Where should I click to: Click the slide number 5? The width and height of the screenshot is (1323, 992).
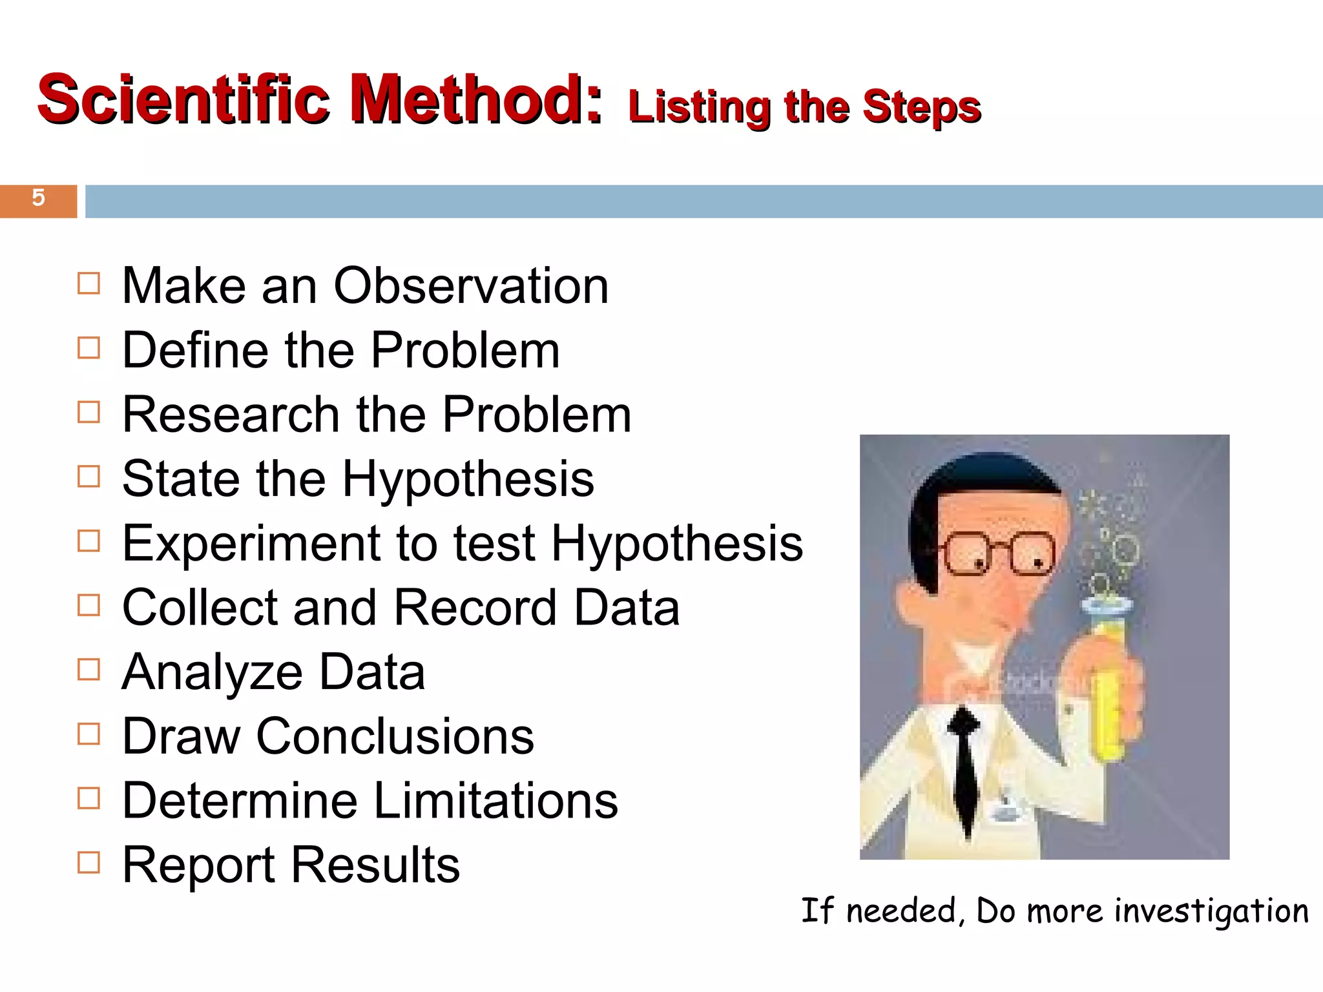pyautogui.click(x=38, y=198)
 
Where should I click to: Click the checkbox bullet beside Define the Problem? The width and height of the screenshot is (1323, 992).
pyautogui.click(x=89, y=348)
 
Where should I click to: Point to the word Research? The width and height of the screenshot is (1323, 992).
pyautogui.click(x=231, y=415)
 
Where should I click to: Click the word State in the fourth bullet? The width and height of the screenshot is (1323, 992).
pyautogui.click(x=181, y=479)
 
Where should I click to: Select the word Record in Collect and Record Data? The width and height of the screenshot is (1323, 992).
pyautogui.click(x=475, y=608)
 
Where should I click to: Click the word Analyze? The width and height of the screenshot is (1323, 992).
pyautogui.click(x=212, y=673)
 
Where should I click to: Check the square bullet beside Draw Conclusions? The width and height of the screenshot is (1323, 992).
pyautogui.click(x=89, y=734)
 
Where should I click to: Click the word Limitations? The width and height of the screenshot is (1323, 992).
pyautogui.click(x=495, y=801)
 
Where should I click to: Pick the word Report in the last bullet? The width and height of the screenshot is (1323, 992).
pyautogui.click(x=199, y=865)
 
